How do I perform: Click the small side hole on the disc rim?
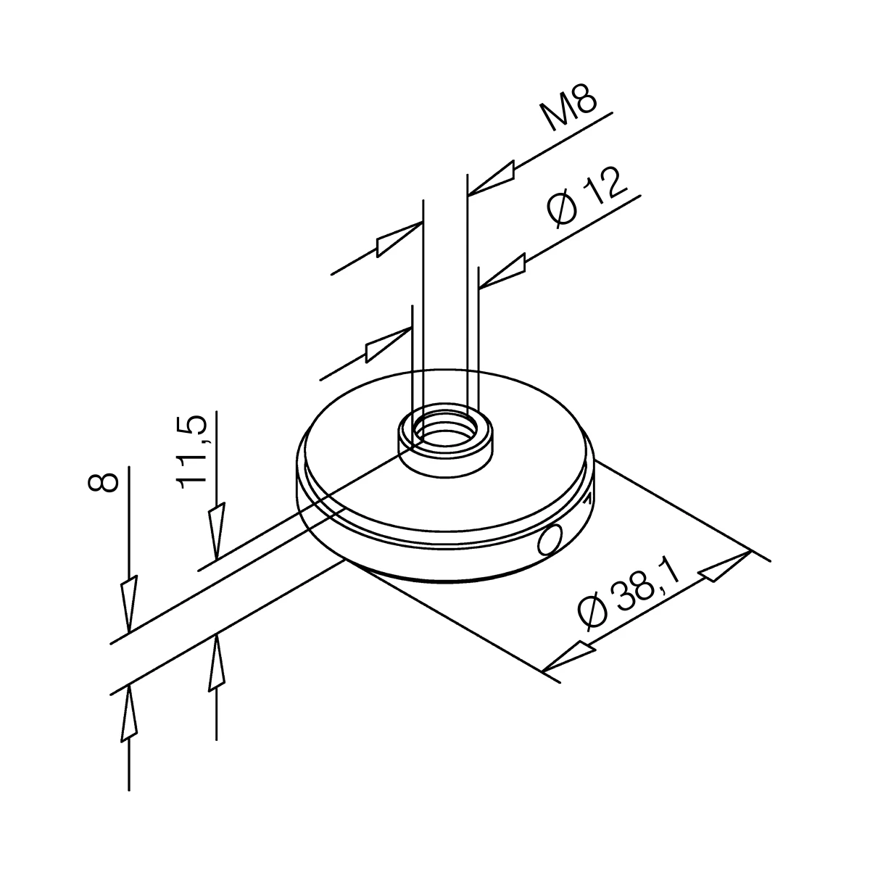550,539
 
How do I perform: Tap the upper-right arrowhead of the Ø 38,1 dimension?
726,566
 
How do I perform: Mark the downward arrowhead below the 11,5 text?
216,533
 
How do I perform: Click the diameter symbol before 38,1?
592,613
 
